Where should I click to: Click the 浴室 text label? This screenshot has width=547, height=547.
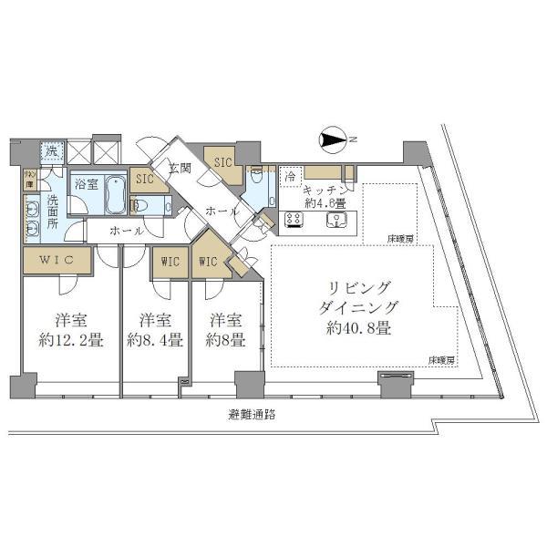point(88,182)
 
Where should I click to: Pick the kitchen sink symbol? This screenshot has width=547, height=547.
point(339,219)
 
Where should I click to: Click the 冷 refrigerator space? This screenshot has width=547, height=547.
point(289,174)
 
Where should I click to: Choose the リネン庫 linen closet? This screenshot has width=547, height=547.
point(29,179)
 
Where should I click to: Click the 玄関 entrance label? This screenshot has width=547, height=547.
point(180,168)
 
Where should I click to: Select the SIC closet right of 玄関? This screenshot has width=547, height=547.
point(222,162)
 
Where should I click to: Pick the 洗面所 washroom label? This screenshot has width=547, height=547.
point(52,212)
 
